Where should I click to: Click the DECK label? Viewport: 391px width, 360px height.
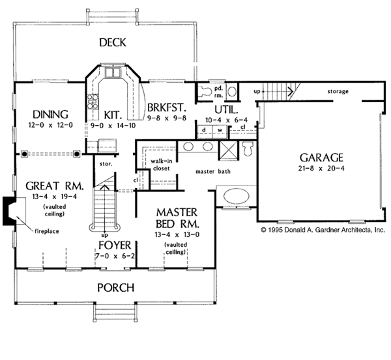click(113, 42)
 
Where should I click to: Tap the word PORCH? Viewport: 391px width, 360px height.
click(116, 288)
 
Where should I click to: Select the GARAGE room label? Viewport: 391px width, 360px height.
click(321, 158)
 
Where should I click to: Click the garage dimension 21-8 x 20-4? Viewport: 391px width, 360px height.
click(321, 169)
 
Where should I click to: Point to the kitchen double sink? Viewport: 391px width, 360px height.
click(113, 73)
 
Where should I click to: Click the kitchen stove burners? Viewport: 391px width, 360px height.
click(93, 102)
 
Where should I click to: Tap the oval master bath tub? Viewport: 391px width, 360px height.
click(237, 196)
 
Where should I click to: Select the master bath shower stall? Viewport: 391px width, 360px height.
click(229, 150)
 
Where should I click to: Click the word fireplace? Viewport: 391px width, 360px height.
click(47, 231)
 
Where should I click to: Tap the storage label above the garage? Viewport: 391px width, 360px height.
click(338, 91)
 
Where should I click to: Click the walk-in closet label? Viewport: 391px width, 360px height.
click(162, 165)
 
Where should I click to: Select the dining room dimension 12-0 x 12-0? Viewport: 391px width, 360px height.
click(50, 125)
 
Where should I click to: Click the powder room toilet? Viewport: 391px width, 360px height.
click(205, 91)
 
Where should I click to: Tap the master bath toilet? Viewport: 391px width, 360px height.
click(248, 148)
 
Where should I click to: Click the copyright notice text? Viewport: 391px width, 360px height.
click(323, 230)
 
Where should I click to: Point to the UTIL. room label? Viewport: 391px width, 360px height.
click(226, 109)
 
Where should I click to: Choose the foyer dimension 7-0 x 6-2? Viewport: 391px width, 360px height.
click(115, 256)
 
